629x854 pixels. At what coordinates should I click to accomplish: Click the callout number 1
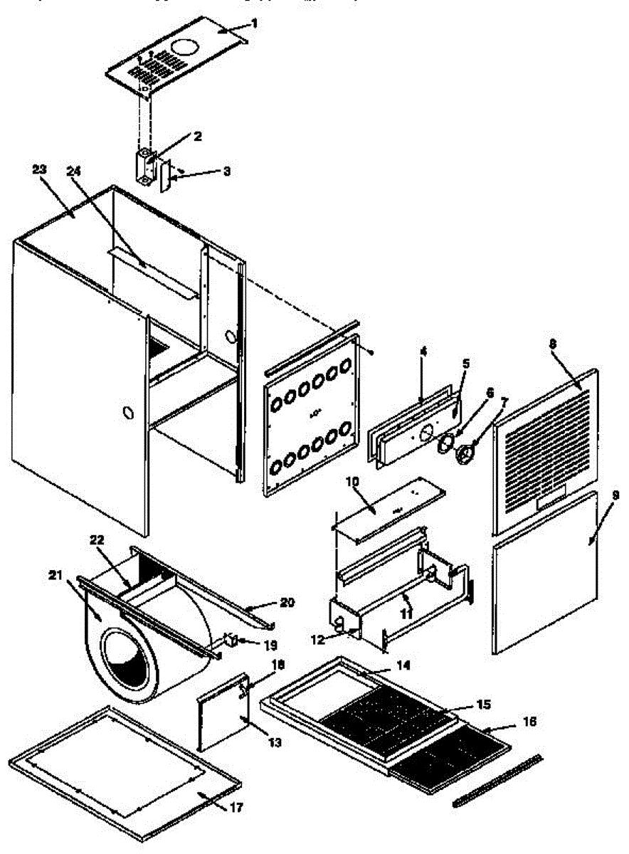(255, 23)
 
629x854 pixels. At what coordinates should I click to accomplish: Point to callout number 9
(615, 494)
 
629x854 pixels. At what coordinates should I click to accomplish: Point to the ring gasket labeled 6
(445, 443)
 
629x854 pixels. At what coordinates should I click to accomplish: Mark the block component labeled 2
(145, 167)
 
